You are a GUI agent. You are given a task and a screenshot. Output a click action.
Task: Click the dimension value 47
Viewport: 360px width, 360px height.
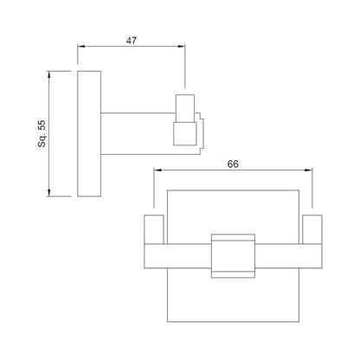click(x=132, y=41)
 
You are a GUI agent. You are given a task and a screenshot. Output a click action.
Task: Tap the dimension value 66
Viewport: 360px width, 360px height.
click(x=233, y=164)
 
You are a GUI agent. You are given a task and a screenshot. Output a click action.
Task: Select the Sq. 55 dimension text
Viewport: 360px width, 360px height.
click(x=42, y=134)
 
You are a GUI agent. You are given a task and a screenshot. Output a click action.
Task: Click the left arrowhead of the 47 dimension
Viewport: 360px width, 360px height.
click(x=81, y=46)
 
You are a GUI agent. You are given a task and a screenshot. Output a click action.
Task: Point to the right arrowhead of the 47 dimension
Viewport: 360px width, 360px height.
click(x=182, y=46)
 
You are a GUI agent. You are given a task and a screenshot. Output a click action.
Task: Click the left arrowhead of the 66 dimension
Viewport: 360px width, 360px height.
click(x=157, y=170)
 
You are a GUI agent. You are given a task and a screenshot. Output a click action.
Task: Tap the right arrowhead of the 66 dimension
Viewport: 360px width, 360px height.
click(x=309, y=170)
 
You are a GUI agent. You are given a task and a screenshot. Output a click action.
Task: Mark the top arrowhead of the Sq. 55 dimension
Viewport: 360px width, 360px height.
click(x=49, y=74)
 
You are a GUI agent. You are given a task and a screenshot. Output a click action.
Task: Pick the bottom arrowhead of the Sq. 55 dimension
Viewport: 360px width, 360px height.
click(x=49, y=193)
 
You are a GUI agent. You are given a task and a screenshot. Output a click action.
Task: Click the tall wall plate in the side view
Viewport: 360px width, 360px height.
click(x=89, y=133)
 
